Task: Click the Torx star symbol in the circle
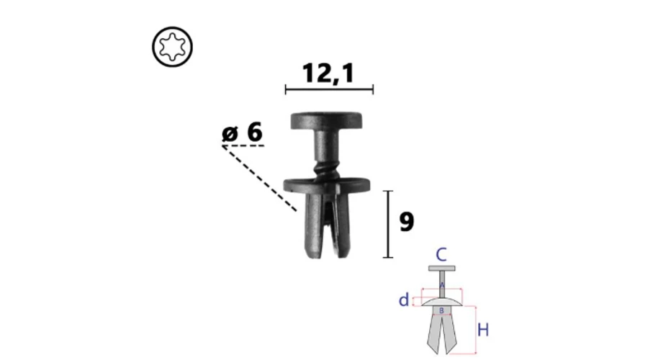[172, 47]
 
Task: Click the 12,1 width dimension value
[328, 73]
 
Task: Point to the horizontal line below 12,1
[329, 89]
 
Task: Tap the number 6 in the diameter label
[254, 132]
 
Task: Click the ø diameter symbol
[230, 133]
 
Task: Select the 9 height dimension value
[407, 222]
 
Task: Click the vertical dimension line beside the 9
[388, 225]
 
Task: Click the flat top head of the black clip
[326, 120]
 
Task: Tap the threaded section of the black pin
[326, 168]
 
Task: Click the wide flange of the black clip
[326, 185]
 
